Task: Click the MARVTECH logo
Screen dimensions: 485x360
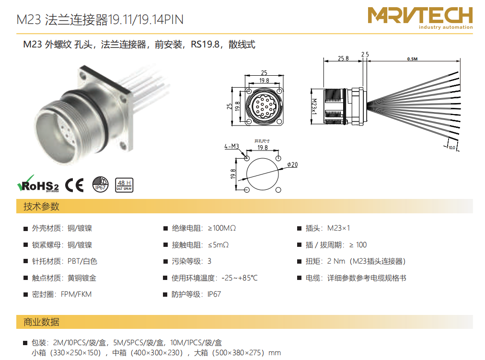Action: (x=420, y=18)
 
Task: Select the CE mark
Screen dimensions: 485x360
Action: (x=74, y=185)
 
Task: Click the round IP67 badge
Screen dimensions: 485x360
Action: (x=101, y=185)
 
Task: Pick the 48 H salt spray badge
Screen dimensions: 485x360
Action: (x=124, y=185)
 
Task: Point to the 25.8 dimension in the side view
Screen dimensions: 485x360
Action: (x=343, y=58)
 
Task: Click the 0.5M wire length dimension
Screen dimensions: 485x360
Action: (x=412, y=59)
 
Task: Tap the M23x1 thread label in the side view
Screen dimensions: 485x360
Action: (x=314, y=106)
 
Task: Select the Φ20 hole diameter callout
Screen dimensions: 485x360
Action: (x=292, y=164)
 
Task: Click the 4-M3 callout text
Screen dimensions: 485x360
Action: (x=231, y=146)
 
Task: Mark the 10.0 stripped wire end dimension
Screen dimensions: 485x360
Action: (x=452, y=148)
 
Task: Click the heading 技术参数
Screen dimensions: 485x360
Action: (x=41, y=206)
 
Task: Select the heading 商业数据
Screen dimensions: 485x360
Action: (x=41, y=322)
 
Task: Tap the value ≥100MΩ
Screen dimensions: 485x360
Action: (x=222, y=228)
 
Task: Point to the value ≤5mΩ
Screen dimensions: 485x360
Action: (x=219, y=245)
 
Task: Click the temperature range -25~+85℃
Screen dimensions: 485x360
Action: (x=240, y=278)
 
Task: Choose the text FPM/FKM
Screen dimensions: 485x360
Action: (x=76, y=294)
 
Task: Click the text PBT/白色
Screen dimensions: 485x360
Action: (x=82, y=261)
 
